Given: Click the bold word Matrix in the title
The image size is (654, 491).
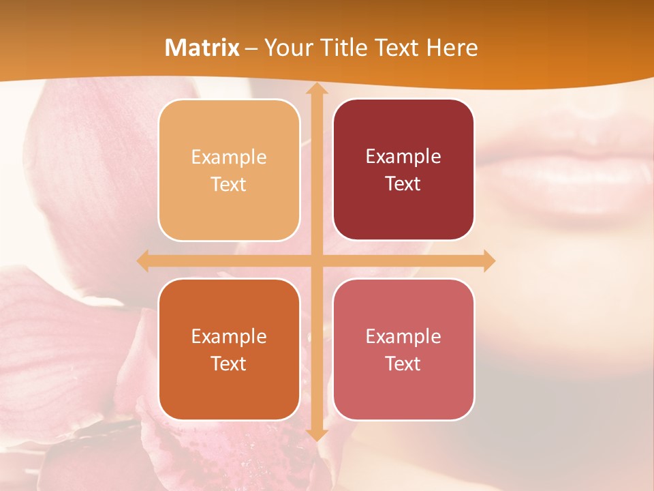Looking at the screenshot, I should [202, 48].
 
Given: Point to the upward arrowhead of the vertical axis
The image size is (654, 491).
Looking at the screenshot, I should [316, 89].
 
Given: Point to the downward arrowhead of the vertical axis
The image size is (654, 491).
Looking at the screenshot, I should [316, 435].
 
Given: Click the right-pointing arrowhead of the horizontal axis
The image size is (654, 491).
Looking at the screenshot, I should [488, 261].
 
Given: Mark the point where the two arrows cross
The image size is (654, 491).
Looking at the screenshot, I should [316, 261].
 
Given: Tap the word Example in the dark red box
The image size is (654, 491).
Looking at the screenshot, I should [403, 157].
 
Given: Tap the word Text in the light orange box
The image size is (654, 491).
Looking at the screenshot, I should [229, 185].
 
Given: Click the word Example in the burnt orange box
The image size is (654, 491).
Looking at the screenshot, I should [229, 336].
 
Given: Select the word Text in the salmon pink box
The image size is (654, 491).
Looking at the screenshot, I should [403, 363].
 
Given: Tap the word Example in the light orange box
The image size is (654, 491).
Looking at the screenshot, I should [229, 158].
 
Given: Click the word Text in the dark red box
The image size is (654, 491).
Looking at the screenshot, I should [403, 184].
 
